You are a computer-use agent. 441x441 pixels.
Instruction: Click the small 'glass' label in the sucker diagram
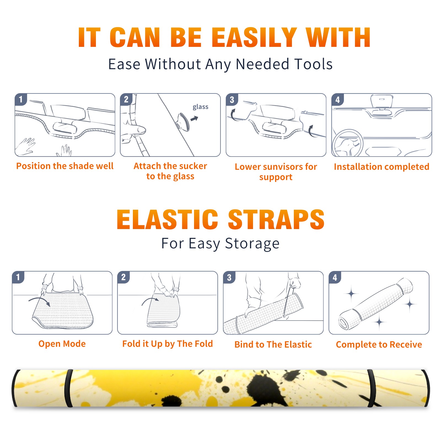(200, 107)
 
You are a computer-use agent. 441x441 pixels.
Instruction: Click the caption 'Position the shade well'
(65, 166)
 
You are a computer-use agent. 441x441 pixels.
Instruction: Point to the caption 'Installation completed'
(381, 166)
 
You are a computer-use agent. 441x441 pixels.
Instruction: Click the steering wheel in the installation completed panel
(348, 143)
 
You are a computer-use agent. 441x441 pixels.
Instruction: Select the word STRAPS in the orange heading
(276, 219)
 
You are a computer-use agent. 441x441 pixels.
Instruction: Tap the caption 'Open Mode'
(62, 344)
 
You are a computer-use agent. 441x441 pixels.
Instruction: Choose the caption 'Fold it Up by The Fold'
(168, 344)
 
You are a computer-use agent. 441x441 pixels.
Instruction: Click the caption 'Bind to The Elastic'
(273, 344)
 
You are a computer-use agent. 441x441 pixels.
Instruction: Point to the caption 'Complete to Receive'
(379, 344)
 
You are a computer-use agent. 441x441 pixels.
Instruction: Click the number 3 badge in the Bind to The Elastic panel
(229, 277)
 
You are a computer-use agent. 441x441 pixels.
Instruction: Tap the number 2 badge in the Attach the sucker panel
(126, 100)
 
